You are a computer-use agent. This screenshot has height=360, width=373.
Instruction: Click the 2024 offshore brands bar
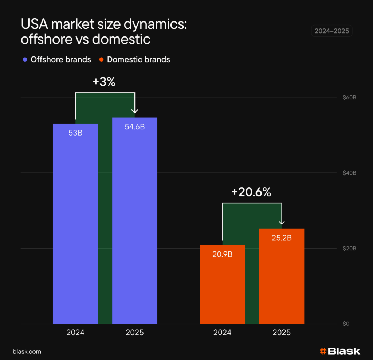coord(75,226)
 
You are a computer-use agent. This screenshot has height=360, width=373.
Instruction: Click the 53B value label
coord(75,133)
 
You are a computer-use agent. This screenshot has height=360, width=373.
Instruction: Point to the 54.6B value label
coord(135,127)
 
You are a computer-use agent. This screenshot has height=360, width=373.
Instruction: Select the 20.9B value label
coord(222,254)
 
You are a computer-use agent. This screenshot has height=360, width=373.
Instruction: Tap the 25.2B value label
coord(282,238)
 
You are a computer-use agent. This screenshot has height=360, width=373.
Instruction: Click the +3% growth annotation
coord(104,82)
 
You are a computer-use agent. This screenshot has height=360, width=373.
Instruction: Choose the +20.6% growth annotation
coord(251,192)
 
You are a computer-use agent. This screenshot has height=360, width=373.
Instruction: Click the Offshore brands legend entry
coord(57,59)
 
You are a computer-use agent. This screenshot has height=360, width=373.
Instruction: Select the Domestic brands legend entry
coord(135,59)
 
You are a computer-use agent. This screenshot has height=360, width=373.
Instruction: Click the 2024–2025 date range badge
coord(331,31)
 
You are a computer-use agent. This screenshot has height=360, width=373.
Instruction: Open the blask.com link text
coord(27,352)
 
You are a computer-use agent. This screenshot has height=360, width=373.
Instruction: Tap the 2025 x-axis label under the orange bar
coord(282,333)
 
